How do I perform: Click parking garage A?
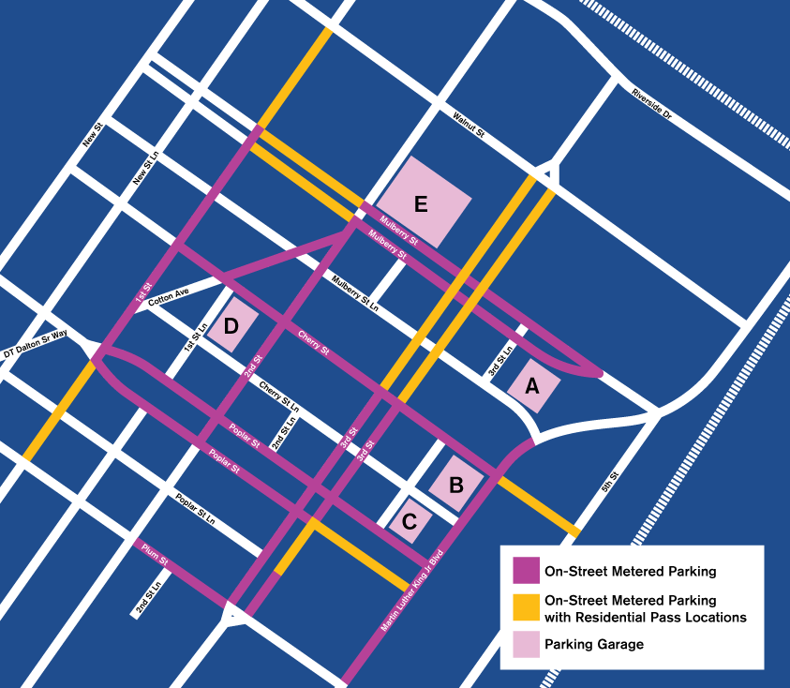coord(533,385)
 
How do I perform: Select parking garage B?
coord(456,485)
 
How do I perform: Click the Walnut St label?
coord(468,127)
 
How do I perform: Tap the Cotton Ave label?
coord(169,296)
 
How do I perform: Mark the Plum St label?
coord(155,553)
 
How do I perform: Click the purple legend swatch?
coord(526,570)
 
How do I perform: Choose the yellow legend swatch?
coord(526,608)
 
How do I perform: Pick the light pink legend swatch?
coord(526,644)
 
